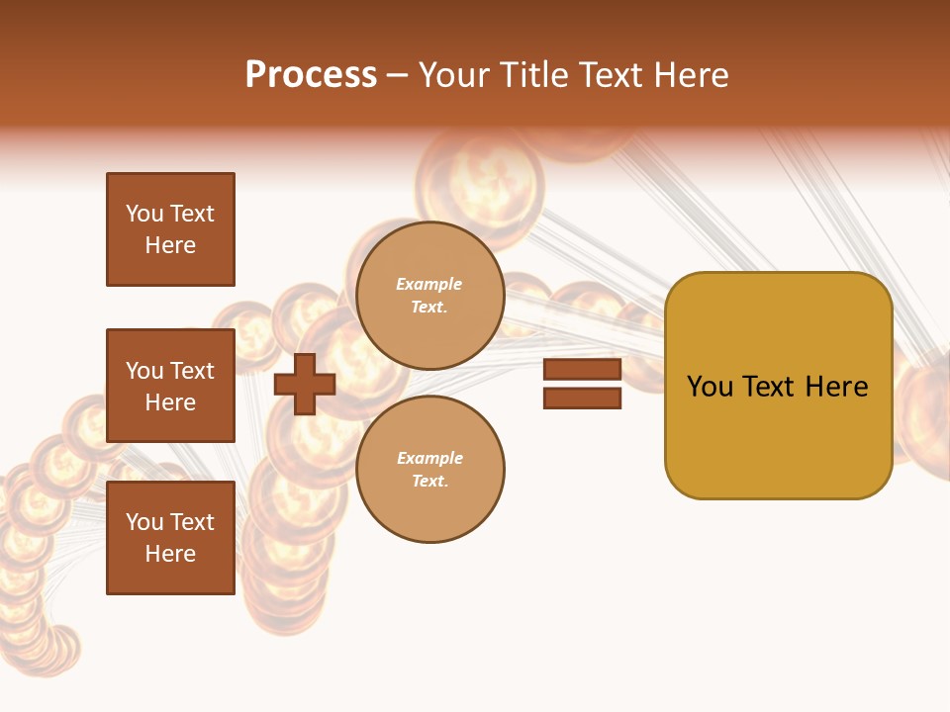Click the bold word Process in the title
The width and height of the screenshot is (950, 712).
pyautogui.click(x=311, y=74)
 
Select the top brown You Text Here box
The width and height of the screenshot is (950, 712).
pyautogui.click(x=170, y=229)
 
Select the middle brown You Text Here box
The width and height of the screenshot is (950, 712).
pyautogui.click(x=170, y=386)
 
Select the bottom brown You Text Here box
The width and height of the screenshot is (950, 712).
pyautogui.click(x=170, y=538)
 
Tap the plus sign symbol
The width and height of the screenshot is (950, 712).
pyautogui.click(x=305, y=384)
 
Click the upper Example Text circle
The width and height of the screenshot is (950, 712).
pyautogui.click(x=429, y=296)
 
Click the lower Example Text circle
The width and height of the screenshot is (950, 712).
pyautogui.click(x=429, y=470)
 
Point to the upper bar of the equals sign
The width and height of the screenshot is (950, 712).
pyautogui.click(x=583, y=370)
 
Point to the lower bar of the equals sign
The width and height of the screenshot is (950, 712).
pyautogui.click(x=583, y=398)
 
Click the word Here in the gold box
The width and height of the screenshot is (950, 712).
pyautogui.click(x=836, y=387)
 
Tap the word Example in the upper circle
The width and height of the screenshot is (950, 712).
pyautogui.click(x=428, y=284)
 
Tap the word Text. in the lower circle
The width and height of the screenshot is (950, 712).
pyautogui.click(x=429, y=482)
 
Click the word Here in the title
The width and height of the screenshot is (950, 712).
pyautogui.click(x=690, y=75)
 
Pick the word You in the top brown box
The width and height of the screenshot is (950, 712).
pyautogui.click(x=143, y=214)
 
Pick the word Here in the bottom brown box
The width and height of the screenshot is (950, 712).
pyautogui.click(x=170, y=554)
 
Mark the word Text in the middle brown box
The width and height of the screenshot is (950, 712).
pyautogui.click(x=193, y=371)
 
